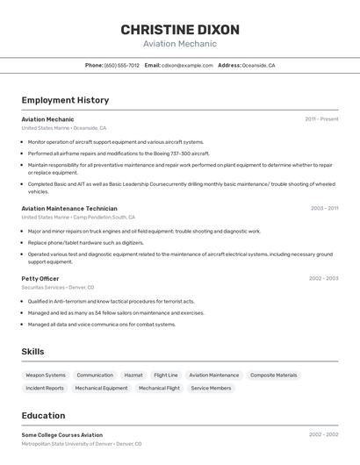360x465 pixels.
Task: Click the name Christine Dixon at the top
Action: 179,29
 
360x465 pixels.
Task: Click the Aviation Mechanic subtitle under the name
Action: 179,44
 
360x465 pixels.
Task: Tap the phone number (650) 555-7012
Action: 121,65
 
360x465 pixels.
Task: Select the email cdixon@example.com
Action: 186,65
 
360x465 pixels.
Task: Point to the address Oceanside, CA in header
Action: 258,65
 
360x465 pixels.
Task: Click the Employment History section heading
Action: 65,100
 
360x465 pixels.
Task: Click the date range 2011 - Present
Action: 321,119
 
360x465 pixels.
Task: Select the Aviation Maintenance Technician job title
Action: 68,209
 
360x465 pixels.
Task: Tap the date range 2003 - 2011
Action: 324,209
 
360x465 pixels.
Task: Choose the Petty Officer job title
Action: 40,278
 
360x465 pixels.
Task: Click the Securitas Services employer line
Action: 57,287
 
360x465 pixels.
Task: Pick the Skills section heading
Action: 32,352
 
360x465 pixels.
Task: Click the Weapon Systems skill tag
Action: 46,376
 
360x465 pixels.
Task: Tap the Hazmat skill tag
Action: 133,376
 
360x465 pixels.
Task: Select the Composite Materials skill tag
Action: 274,376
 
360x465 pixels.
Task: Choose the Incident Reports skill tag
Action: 45,388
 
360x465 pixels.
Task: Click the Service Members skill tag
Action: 212,388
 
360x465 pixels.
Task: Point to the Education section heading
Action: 43,416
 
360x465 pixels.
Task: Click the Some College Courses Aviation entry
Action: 61,434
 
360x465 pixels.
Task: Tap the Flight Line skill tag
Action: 166,376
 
